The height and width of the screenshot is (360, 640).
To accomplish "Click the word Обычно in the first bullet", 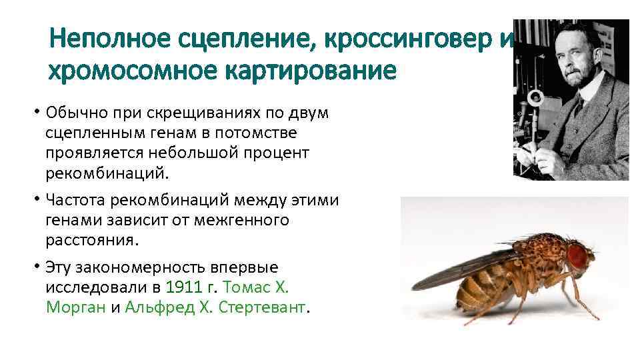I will click(74, 113).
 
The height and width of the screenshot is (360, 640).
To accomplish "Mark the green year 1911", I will click(181, 287).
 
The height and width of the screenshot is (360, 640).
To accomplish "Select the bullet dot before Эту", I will click(39, 267).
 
